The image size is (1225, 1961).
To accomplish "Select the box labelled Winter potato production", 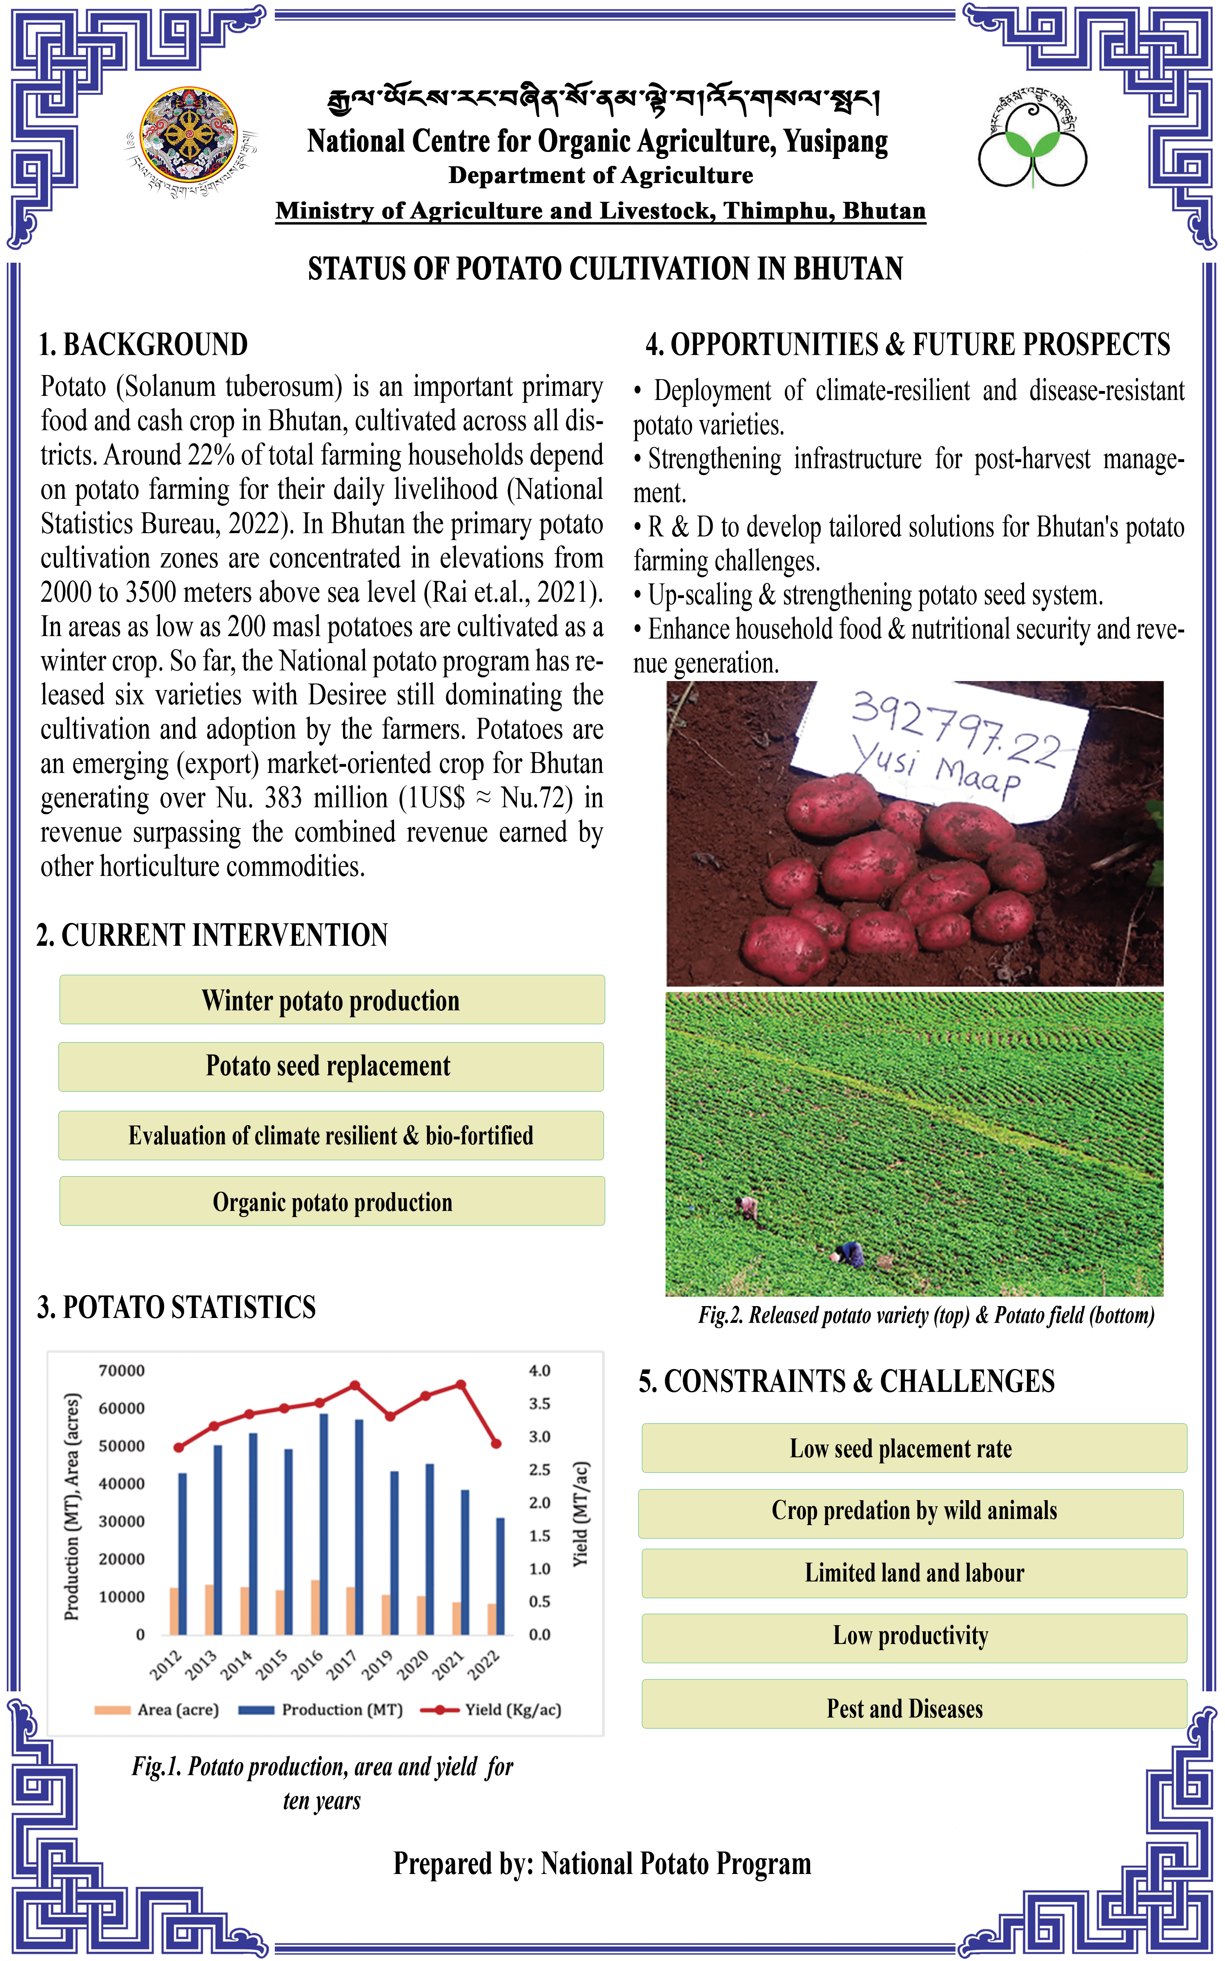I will tap(332, 1000).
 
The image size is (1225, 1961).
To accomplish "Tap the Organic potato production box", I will tap(332, 1201).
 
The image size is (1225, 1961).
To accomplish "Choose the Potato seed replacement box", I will tap(331, 1065).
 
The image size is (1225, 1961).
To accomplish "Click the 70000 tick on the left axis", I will tap(122, 1370).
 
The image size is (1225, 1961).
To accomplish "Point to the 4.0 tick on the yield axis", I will tap(539, 1370).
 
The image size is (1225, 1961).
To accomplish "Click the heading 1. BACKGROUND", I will tap(143, 344).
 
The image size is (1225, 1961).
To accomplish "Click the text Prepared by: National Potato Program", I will tap(602, 1864).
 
